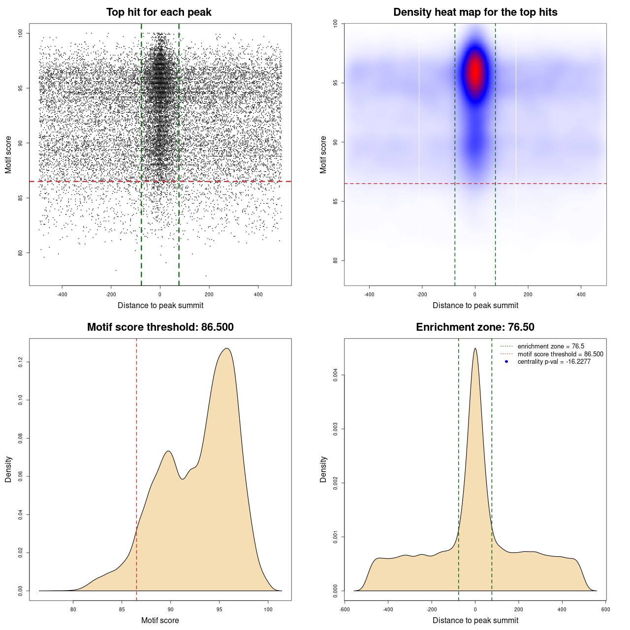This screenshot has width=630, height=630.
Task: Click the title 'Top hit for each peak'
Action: pos(158,12)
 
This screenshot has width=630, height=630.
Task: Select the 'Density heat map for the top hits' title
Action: pos(475,12)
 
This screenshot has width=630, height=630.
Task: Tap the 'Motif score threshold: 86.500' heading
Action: pos(160,327)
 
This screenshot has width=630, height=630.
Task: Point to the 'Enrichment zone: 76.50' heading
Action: pos(475,327)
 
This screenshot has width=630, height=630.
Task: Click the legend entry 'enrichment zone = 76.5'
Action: pos(551,346)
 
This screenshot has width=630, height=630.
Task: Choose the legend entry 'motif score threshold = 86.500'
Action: pos(560,354)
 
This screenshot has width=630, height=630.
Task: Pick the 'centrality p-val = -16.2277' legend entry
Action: pos(554,362)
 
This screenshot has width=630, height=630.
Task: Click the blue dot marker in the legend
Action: pos(506,362)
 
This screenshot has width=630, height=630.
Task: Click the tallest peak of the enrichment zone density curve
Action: pos(475,349)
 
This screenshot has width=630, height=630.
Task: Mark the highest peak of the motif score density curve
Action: pos(226,349)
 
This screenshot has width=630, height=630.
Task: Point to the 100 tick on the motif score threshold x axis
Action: pos(268,609)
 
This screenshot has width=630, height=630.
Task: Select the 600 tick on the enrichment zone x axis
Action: pos(605,609)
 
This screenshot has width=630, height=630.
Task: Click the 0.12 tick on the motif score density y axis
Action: pos(20,362)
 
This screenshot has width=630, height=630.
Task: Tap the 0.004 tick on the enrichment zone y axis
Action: pos(335,375)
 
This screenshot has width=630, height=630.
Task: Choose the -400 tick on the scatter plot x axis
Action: pos(62,294)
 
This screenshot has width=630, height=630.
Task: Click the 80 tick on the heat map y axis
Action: pos(335,260)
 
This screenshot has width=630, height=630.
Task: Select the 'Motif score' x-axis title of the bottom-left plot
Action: pos(160,620)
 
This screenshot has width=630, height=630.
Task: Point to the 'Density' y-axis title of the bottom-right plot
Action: pos(323,469)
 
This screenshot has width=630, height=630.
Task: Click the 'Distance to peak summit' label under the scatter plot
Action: pos(160,305)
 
